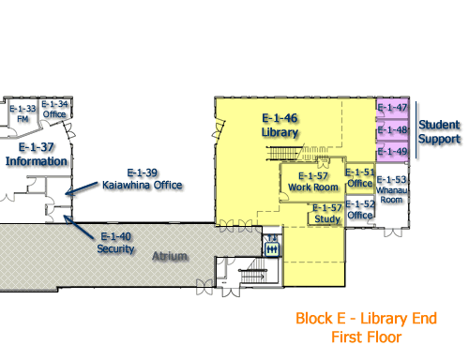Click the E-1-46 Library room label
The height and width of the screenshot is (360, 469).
[280, 125]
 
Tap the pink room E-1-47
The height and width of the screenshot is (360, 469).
[392, 108]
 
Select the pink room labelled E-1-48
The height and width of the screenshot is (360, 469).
[392, 129]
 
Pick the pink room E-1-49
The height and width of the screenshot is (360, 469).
[392, 151]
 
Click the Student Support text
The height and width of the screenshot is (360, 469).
[439, 131]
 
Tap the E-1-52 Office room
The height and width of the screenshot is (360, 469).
[360, 209]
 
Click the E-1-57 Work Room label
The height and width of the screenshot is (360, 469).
[312, 181]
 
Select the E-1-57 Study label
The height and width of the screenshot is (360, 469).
[326, 213]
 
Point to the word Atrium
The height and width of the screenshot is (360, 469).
[172, 256]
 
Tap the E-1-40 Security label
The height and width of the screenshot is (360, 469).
[115, 242]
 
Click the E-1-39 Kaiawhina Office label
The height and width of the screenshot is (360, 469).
[142, 178]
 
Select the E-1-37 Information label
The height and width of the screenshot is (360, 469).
[37, 154]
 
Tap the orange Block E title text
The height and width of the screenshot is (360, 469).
[367, 318]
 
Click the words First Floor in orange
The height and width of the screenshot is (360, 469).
[367, 337]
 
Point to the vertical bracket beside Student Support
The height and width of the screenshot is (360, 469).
[416, 131]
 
